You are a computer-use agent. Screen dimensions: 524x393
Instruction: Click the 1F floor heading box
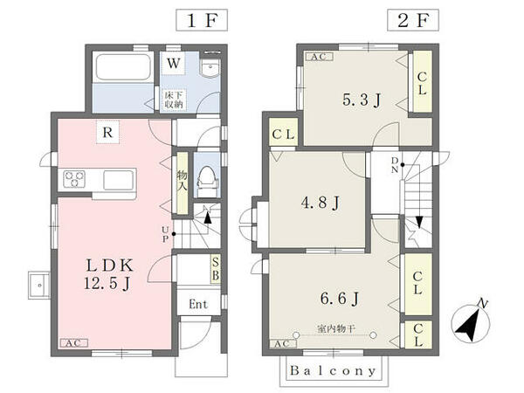202,20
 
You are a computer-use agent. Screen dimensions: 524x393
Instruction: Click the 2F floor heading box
413,20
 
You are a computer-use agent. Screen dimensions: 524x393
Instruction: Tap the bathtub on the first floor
123,66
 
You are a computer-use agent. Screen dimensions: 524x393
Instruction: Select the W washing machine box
174,63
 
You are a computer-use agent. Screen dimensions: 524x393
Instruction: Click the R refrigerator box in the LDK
107,133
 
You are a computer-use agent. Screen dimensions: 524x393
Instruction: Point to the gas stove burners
74,179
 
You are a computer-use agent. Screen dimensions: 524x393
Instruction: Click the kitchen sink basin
118,180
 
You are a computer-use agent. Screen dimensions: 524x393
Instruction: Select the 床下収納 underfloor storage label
174,100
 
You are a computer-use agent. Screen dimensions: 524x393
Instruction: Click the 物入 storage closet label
183,181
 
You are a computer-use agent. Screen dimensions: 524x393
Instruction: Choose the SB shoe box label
216,269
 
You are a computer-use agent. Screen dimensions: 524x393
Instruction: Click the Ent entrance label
198,304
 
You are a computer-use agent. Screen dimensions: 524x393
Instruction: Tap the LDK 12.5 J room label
109,274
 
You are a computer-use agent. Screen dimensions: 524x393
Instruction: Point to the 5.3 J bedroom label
362,100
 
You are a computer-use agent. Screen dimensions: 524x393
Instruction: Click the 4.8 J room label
321,203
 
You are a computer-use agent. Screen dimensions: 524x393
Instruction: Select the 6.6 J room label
339,298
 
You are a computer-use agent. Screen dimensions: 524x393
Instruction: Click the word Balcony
334,370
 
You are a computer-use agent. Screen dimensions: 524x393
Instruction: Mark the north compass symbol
470,323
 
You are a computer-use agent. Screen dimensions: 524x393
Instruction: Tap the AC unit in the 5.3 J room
319,57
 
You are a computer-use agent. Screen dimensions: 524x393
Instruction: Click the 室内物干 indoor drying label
336,329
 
